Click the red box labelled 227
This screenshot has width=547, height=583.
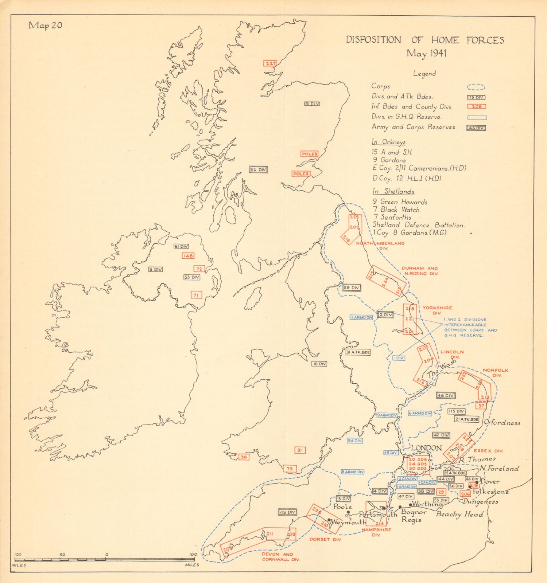point(270,63)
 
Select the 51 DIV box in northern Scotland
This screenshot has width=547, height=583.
point(312,104)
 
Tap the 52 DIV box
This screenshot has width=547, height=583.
point(258,169)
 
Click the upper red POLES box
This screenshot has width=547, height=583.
point(309,154)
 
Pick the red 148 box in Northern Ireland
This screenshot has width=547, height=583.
point(188,256)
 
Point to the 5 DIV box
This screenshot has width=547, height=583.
point(155,269)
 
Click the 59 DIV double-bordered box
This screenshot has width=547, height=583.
point(351,287)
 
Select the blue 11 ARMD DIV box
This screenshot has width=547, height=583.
point(361,317)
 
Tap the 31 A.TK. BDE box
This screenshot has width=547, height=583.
point(358,352)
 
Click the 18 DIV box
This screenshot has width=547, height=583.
point(319,364)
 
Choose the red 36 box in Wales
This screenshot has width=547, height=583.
point(244,457)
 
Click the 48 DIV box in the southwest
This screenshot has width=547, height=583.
point(287,512)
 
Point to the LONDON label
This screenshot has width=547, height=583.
point(426,448)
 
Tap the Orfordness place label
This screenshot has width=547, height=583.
point(502,423)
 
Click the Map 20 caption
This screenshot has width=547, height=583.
point(46,25)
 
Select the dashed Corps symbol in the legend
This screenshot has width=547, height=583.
point(476,87)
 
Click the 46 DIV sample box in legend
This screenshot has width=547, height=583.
point(476,128)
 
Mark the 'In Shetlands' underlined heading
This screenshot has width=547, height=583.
point(393,191)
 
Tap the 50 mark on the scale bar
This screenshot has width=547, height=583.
point(62,555)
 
